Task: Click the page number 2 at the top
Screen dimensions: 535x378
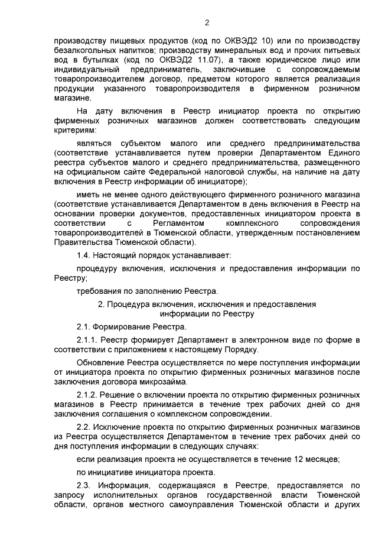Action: click(207, 23)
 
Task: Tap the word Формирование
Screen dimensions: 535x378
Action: click(127, 326)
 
